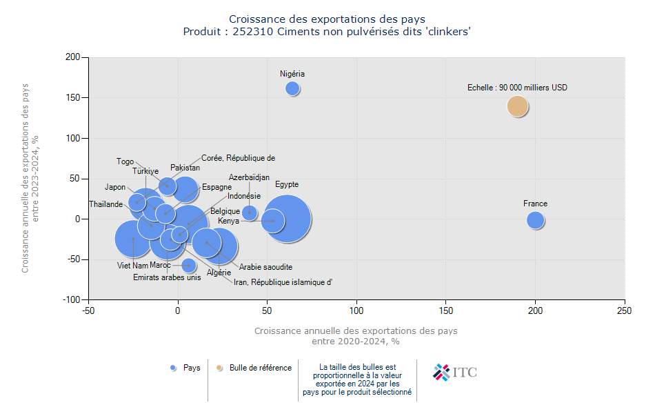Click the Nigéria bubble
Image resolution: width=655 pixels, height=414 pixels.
292,88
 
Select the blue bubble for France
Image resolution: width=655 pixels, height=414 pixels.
536,220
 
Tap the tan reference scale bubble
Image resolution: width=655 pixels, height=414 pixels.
518,106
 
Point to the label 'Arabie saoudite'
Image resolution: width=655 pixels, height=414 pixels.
265,267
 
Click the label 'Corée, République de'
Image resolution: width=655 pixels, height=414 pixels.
238,158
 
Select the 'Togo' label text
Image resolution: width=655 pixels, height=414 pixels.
125,161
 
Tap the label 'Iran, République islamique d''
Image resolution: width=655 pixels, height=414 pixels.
283,282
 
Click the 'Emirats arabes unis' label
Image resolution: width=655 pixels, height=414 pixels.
167,277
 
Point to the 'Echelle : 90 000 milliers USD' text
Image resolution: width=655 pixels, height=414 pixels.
517,88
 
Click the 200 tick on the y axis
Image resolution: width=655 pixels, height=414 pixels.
72,57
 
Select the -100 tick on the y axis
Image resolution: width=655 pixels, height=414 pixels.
71,300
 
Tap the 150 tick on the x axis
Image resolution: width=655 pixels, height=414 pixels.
446,311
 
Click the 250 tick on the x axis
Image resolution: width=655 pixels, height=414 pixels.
625,311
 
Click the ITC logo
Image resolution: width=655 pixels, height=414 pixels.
454,373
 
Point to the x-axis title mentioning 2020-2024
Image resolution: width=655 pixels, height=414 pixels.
355,336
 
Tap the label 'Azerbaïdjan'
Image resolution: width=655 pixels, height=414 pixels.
249,177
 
